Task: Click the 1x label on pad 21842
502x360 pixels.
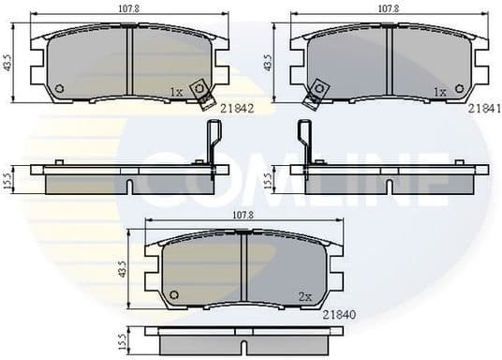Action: [177, 91]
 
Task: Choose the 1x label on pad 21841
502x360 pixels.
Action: [438, 92]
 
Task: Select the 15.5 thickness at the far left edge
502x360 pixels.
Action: [7, 179]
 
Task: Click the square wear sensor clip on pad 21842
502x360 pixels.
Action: [199, 91]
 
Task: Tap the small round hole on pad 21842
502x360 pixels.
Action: [59, 90]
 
